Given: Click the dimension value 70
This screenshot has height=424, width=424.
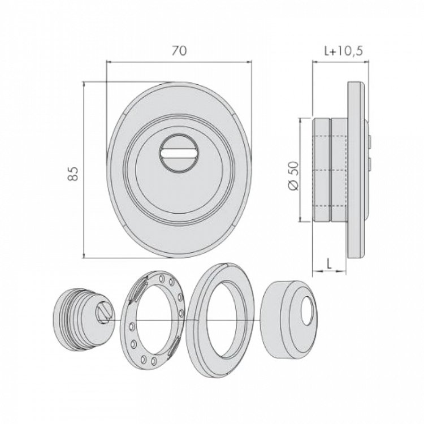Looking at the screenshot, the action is [179, 50].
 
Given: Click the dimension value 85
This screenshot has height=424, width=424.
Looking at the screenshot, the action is [73, 174].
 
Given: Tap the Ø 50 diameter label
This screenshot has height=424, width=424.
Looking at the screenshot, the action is [293, 176].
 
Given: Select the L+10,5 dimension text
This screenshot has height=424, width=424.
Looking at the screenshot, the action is [343, 51].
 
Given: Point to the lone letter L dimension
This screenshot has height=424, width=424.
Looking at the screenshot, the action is [328, 263].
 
